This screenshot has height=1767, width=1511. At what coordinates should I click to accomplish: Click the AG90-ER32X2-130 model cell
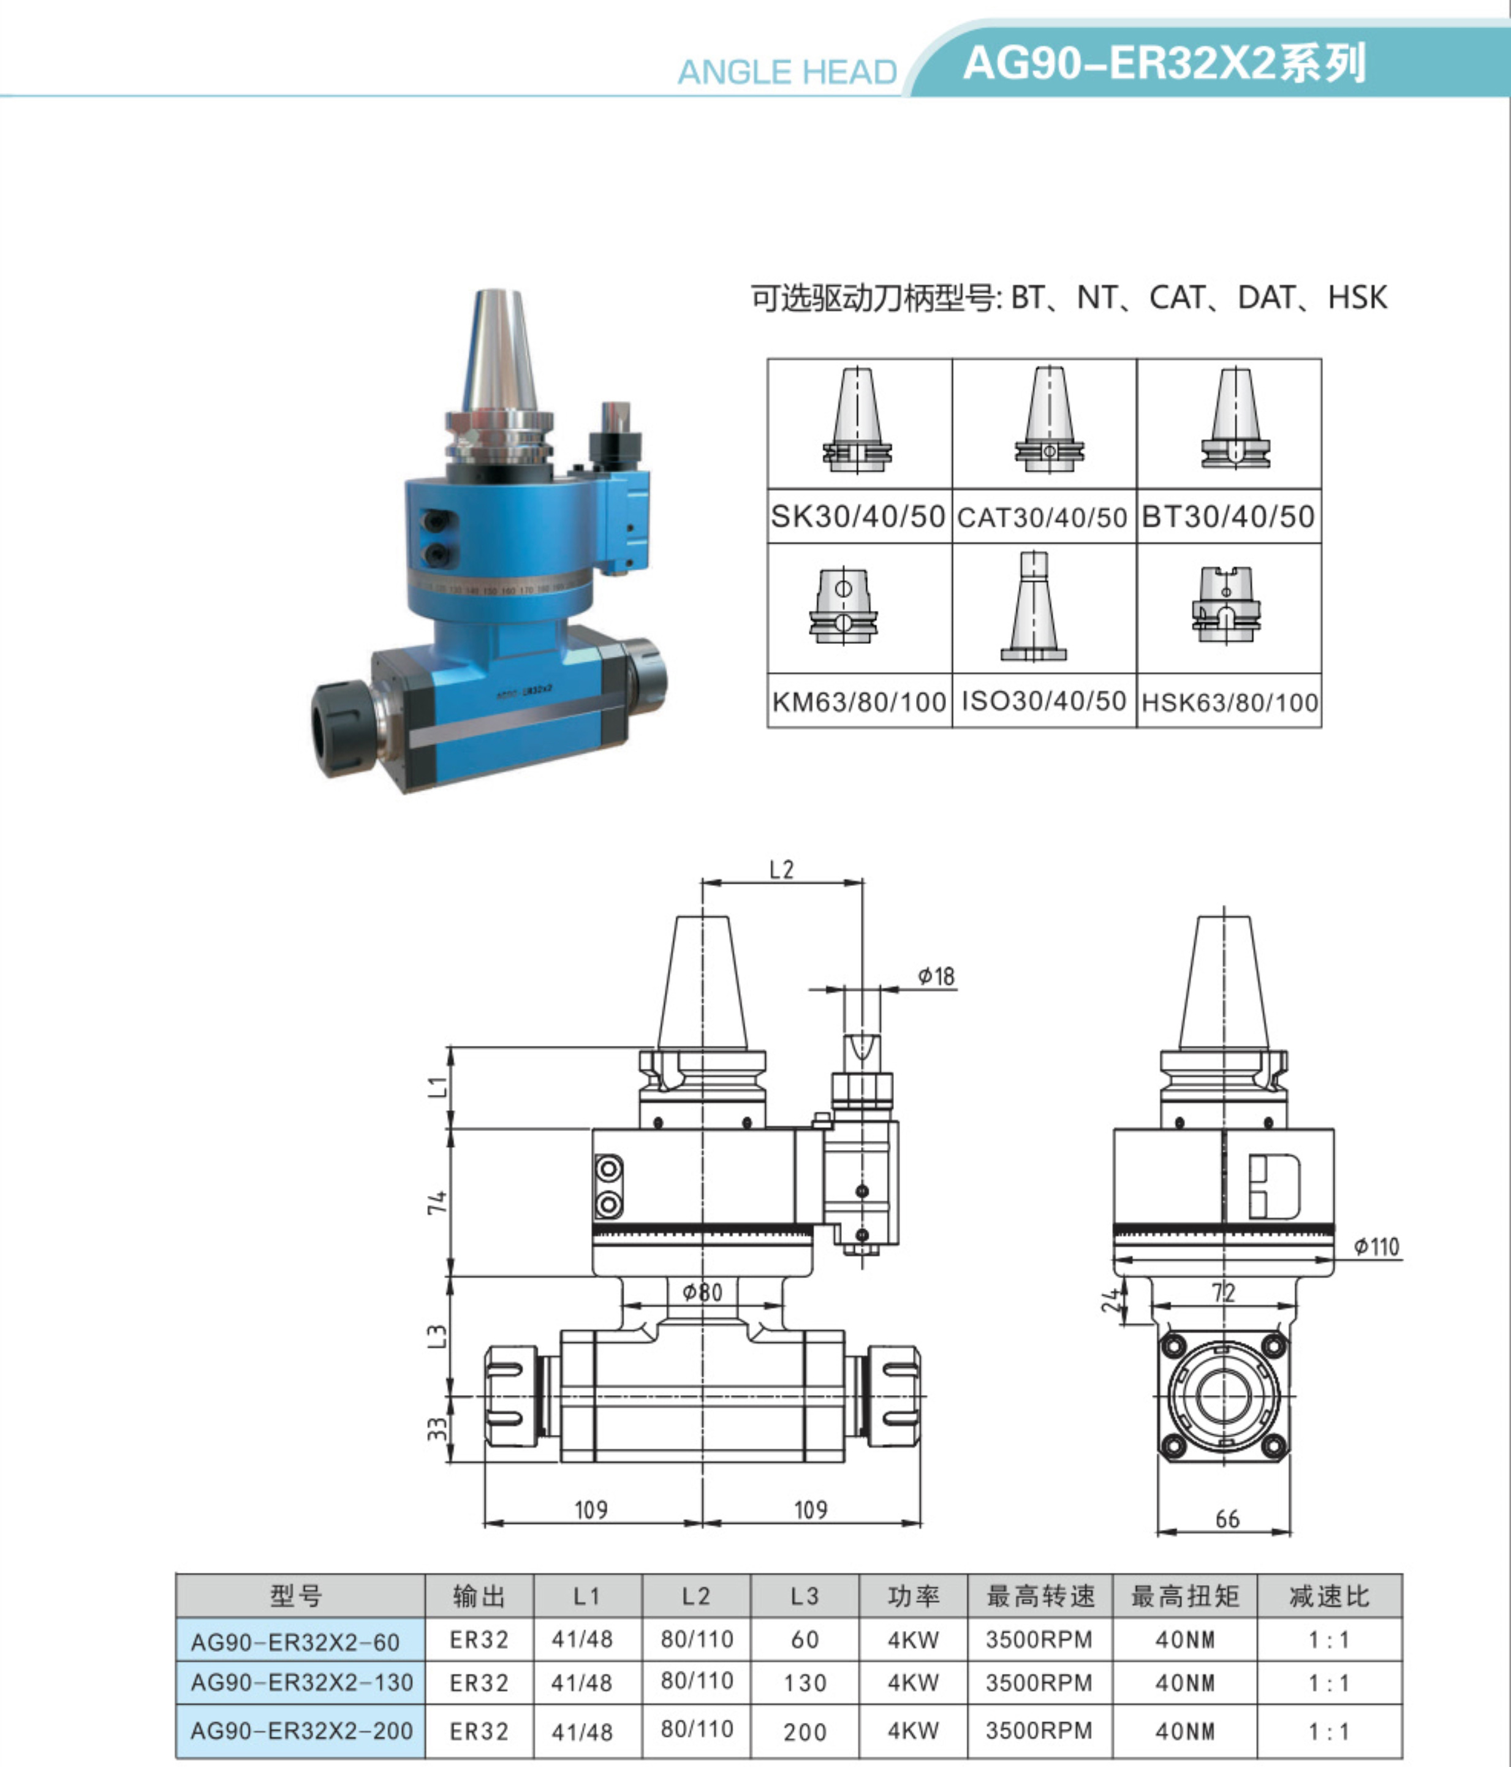301,1682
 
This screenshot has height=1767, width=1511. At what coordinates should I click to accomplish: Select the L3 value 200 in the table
805,1732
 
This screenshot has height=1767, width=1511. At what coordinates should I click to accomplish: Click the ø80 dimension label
703,1292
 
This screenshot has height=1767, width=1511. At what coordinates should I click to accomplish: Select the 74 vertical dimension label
437,1203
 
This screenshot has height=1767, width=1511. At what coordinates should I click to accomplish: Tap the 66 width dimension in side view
1227,1519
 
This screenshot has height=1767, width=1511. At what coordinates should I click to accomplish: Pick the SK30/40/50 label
858,516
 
